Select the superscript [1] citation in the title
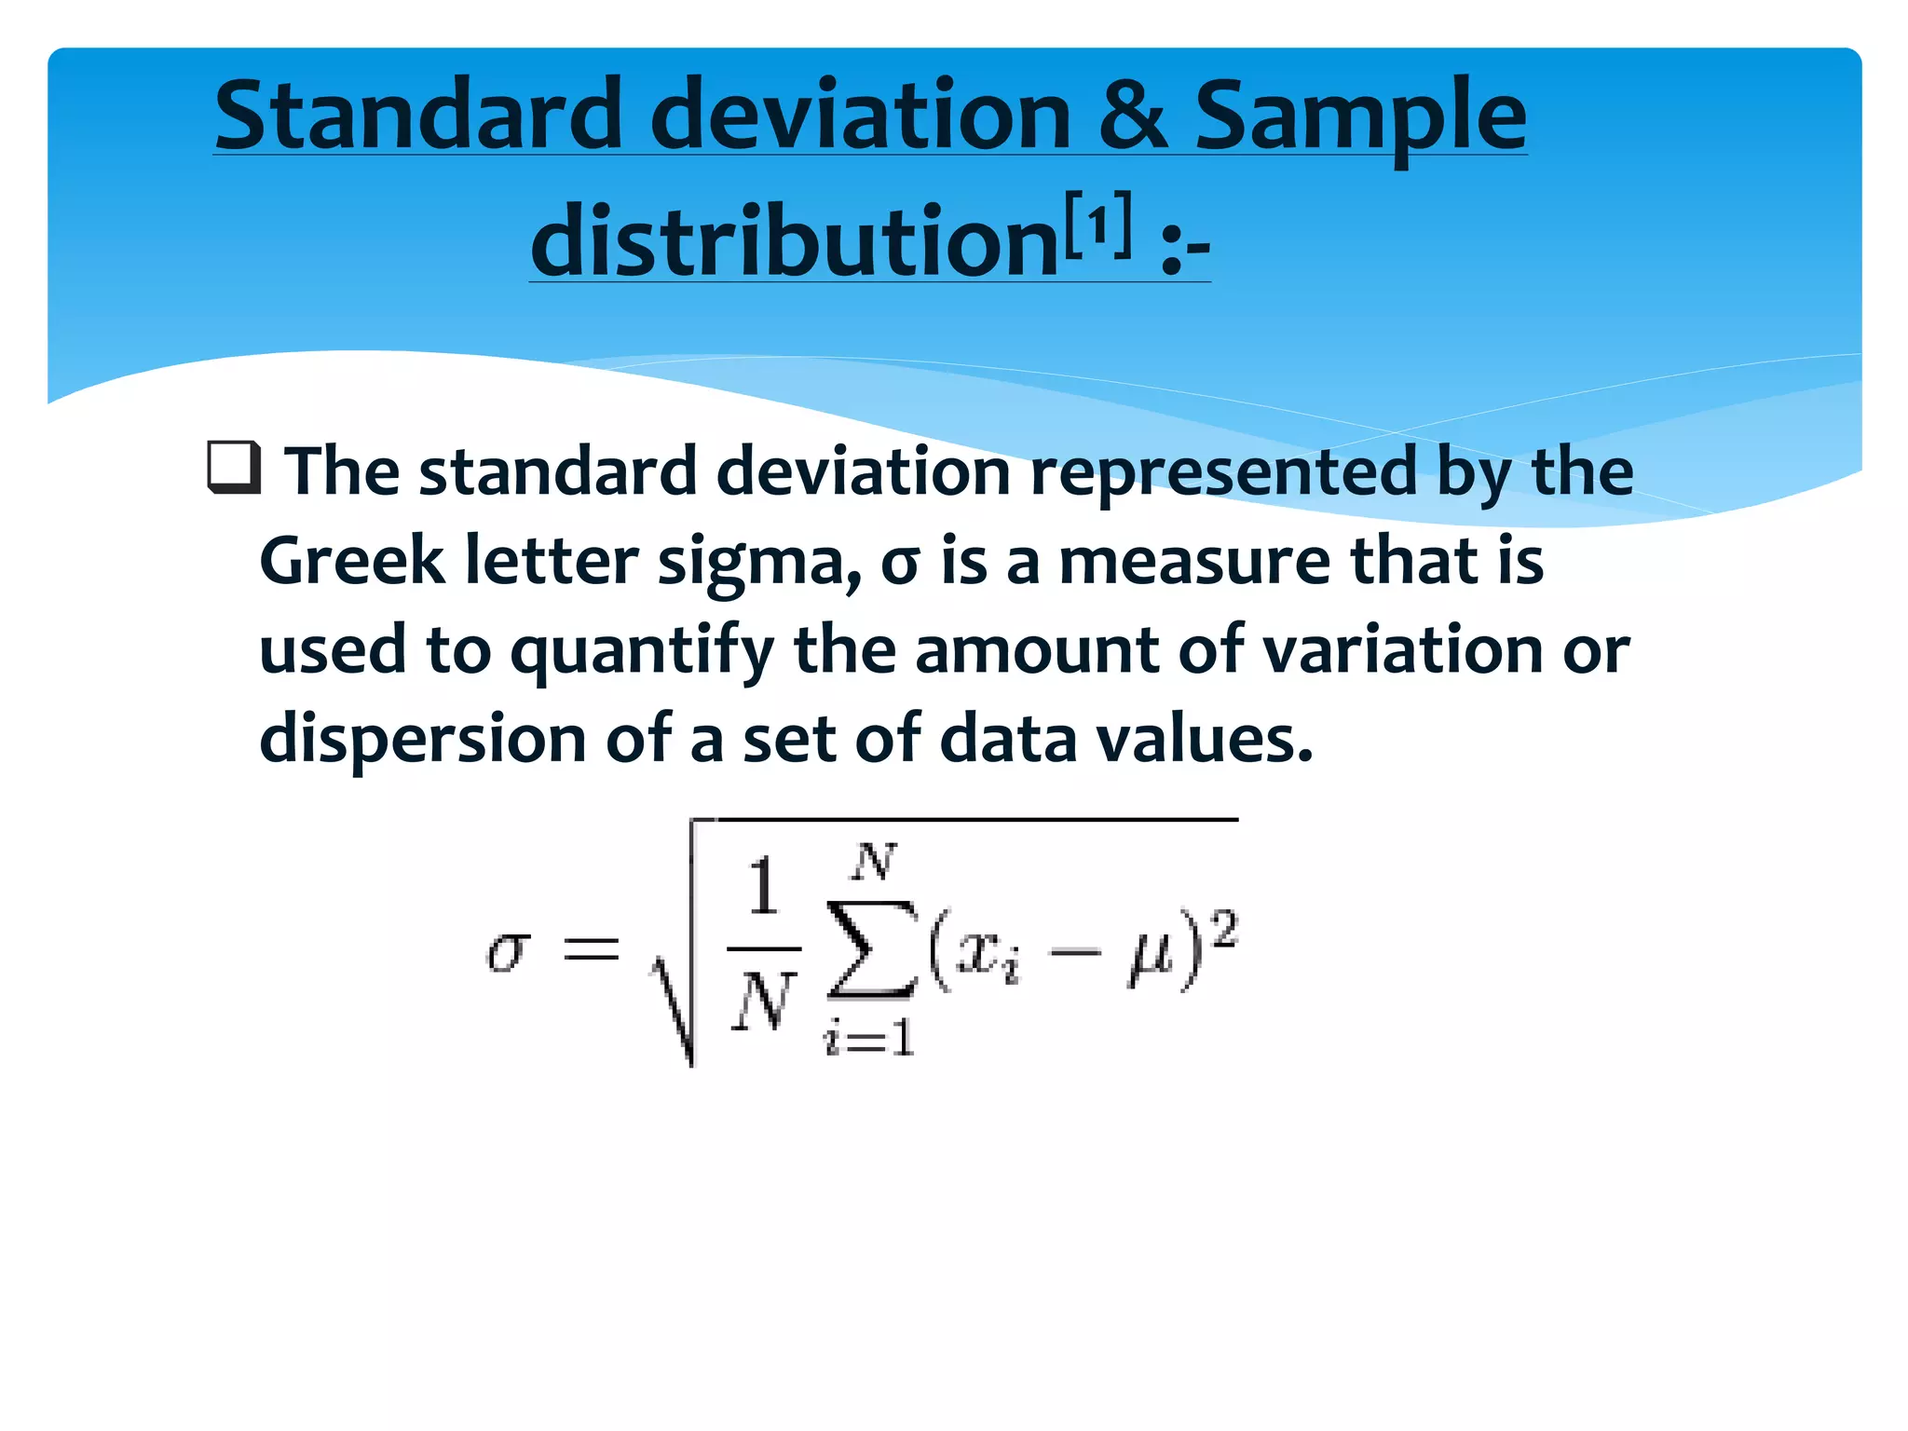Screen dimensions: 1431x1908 tap(1099, 225)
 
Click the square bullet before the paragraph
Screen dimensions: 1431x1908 tap(233, 468)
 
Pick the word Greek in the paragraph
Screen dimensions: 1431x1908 tap(351, 562)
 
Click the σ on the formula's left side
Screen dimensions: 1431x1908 tap(509, 951)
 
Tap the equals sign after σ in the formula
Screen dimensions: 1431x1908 tap(591, 949)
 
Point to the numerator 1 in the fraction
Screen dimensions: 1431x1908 tap(763, 887)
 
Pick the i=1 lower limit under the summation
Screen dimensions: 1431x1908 tap(869, 1037)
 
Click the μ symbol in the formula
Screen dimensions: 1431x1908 tap(1148, 959)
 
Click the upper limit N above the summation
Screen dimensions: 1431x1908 tap(874, 862)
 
